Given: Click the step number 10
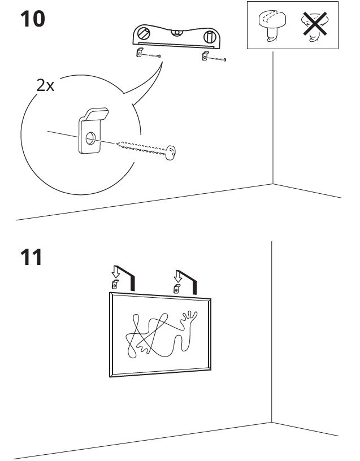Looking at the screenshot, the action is coord(32,19).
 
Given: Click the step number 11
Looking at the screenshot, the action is coord(31,257).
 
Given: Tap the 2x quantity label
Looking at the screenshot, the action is coord(45,85).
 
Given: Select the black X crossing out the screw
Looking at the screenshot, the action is coord(315,24).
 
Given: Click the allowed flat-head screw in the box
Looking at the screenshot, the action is coord(272,25).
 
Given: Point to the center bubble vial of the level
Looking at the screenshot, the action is coord(176,32).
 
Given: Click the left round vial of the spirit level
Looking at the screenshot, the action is coord(144,33).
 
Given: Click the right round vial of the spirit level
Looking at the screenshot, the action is coord(210,37).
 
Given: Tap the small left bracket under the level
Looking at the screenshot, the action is coord(140,53).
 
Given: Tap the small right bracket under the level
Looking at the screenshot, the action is coord(205,55).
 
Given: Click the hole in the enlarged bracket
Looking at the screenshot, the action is coord(90,138).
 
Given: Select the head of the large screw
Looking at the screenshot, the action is coord(170,153).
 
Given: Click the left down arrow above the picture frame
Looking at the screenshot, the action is coord(116,272).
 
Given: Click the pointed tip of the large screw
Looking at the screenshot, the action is coord(117,143).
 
